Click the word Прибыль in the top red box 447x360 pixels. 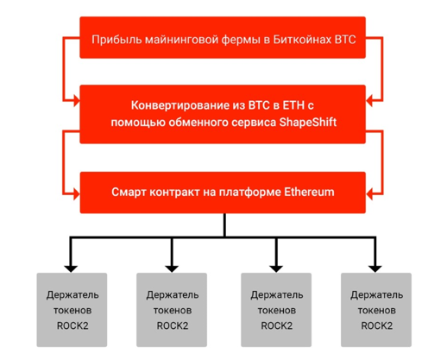pos(116,40)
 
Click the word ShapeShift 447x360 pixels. pos(308,123)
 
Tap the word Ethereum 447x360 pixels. pos(310,192)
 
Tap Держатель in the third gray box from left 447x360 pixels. pos(275,294)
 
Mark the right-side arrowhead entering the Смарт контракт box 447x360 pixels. pos(369,192)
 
